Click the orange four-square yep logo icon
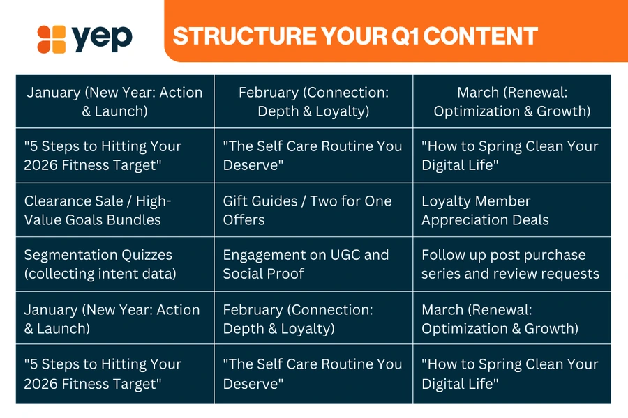point(51,39)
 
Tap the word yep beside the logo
point(102,38)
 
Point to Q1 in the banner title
point(405,36)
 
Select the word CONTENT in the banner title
point(480,36)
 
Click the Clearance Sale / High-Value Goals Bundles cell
point(115,210)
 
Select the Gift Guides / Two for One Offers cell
point(313,210)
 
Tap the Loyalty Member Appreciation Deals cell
point(512,210)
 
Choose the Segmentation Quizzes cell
point(115,264)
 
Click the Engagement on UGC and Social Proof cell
point(313,264)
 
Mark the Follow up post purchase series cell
point(512,264)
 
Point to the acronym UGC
point(341,255)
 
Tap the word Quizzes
point(147,255)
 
